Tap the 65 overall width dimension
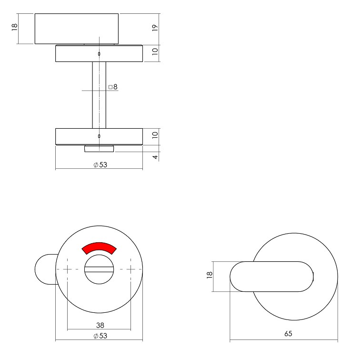click(288, 334)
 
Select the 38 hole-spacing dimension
click(100, 325)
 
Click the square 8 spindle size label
click(113, 87)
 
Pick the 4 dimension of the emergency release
click(154, 156)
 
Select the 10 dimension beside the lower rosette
click(154, 135)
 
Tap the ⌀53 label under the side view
click(100, 165)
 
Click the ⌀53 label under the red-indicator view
click(100, 336)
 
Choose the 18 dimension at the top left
click(14, 28)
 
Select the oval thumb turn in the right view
click(271, 276)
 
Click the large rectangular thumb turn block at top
click(76, 29)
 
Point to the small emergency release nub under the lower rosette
click(99, 149)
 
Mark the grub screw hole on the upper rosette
click(99, 54)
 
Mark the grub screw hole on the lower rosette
click(99, 136)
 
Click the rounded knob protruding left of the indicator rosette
click(45, 270)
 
